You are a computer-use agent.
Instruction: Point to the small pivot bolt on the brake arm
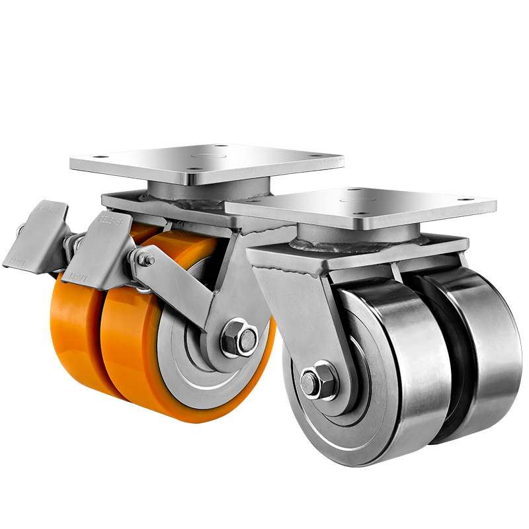point(149,261)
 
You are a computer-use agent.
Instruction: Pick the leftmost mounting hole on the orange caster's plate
point(97,157)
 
